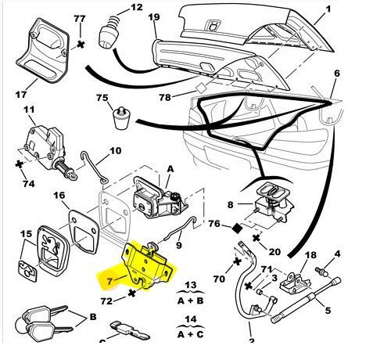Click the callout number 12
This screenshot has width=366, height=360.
(x=137, y=7)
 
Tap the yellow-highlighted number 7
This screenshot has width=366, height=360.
(x=110, y=281)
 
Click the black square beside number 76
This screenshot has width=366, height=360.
(x=237, y=229)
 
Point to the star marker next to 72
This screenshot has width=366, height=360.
(x=132, y=293)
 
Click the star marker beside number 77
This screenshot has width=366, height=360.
(x=81, y=45)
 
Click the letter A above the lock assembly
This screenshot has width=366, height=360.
(x=170, y=169)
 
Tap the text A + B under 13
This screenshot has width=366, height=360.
(x=190, y=301)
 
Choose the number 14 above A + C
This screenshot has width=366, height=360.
(x=191, y=319)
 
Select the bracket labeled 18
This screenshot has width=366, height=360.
(x=296, y=283)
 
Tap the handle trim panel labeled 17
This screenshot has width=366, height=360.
(x=42, y=50)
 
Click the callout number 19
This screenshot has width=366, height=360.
(x=154, y=17)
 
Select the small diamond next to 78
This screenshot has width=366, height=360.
(x=201, y=88)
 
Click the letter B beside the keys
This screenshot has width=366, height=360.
(x=93, y=317)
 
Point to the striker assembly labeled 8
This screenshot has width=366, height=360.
(x=271, y=203)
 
